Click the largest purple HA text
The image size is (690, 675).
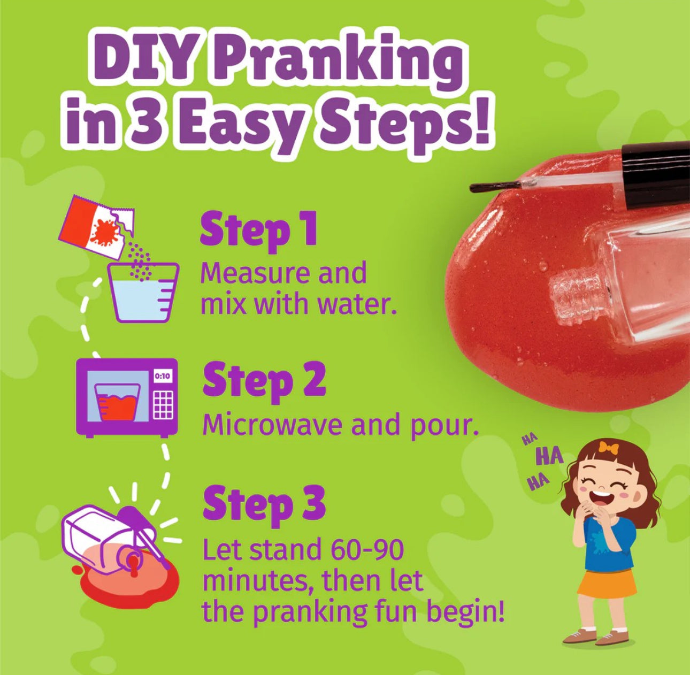pyautogui.click(x=550, y=458)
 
